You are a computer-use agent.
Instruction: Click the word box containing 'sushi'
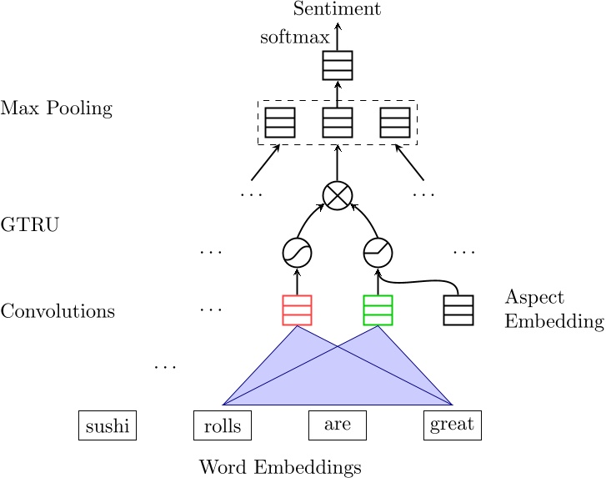(x=107, y=425)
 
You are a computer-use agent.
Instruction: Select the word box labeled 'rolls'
(x=222, y=425)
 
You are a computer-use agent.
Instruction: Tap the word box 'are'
(x=337, y=425)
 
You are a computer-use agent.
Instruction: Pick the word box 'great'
(x=452, y=425)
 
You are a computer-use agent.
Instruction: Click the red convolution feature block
(x=297, y=309)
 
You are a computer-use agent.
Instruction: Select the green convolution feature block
(x=378, y=309)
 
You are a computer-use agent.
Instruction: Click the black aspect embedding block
(x=458, y=309)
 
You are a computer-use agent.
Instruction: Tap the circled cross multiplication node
(x=338, y=195)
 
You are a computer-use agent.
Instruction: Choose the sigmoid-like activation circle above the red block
(x=297, y=252)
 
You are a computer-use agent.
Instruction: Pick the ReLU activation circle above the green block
(x=378, y=252)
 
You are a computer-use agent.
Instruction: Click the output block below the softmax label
(x=338, y=65)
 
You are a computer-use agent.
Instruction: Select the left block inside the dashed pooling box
(x=279, y=123)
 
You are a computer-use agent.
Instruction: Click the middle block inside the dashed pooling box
(x=338, y=123)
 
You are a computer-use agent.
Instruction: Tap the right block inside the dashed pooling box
(x=395, y=123)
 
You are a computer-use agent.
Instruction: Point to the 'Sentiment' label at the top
(x=338, y=9)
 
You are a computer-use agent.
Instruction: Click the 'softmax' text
(x=289, y=38)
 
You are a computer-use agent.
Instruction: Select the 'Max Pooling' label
(x=56, y=108)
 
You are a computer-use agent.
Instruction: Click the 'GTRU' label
(x=30, y=224)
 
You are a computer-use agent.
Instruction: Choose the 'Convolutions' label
(x=58, y=311)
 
